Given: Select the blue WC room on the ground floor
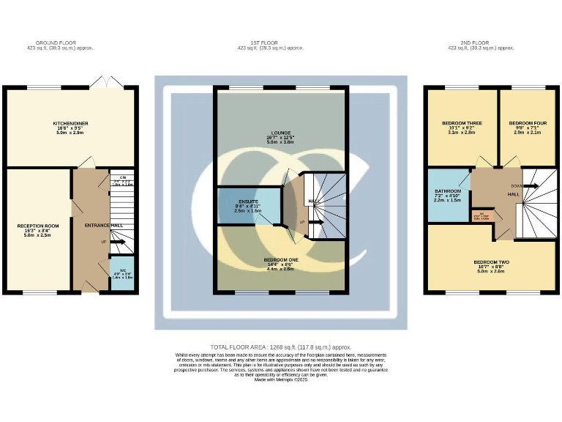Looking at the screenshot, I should tap(121, 274).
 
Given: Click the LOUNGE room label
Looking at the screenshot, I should tap(280, 133).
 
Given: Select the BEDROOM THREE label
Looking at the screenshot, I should tap(459, 122).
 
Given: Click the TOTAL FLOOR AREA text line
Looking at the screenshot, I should tap(281, 346).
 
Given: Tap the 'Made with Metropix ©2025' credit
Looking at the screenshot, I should tap(281, 378).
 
